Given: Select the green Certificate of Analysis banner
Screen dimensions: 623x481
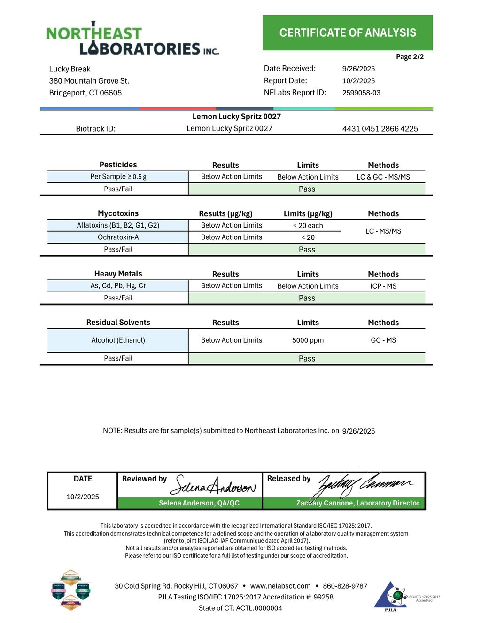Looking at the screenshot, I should (x=348, y=32).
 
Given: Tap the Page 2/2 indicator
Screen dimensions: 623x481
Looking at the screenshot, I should (x=410, y=57).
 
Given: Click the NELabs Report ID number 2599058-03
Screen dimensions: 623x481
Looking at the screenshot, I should (x=361, y=93).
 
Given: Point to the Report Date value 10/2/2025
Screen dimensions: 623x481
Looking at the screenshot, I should (x=358, y=81).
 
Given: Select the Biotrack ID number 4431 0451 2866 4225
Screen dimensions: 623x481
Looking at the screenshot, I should (x=380, y=129).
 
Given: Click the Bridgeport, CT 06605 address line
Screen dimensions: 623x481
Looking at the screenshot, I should (x=85, y=93).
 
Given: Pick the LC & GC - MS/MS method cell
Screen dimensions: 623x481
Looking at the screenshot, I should (x=383, y=177).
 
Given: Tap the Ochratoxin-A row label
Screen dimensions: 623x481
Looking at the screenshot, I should (x=118, y=237).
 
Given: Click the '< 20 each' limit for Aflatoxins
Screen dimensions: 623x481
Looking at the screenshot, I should (x=308, y=226).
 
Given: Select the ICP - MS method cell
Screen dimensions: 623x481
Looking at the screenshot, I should (x=383, y=286).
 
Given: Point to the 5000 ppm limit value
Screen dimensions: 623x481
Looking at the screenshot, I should (x=308, y=340).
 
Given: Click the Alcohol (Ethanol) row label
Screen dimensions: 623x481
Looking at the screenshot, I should (x=118, y=340).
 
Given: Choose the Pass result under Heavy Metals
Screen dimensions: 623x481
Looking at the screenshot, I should (x=307, y=298).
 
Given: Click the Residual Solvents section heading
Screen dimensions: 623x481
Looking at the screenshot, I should (x=118, y=323).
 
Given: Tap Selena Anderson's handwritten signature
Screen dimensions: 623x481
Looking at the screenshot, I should (x=213, y=486).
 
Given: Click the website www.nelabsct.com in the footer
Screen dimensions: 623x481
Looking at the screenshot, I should (x=280, y=586).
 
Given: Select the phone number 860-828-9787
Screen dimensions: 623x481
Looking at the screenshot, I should (x=345, y=586).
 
